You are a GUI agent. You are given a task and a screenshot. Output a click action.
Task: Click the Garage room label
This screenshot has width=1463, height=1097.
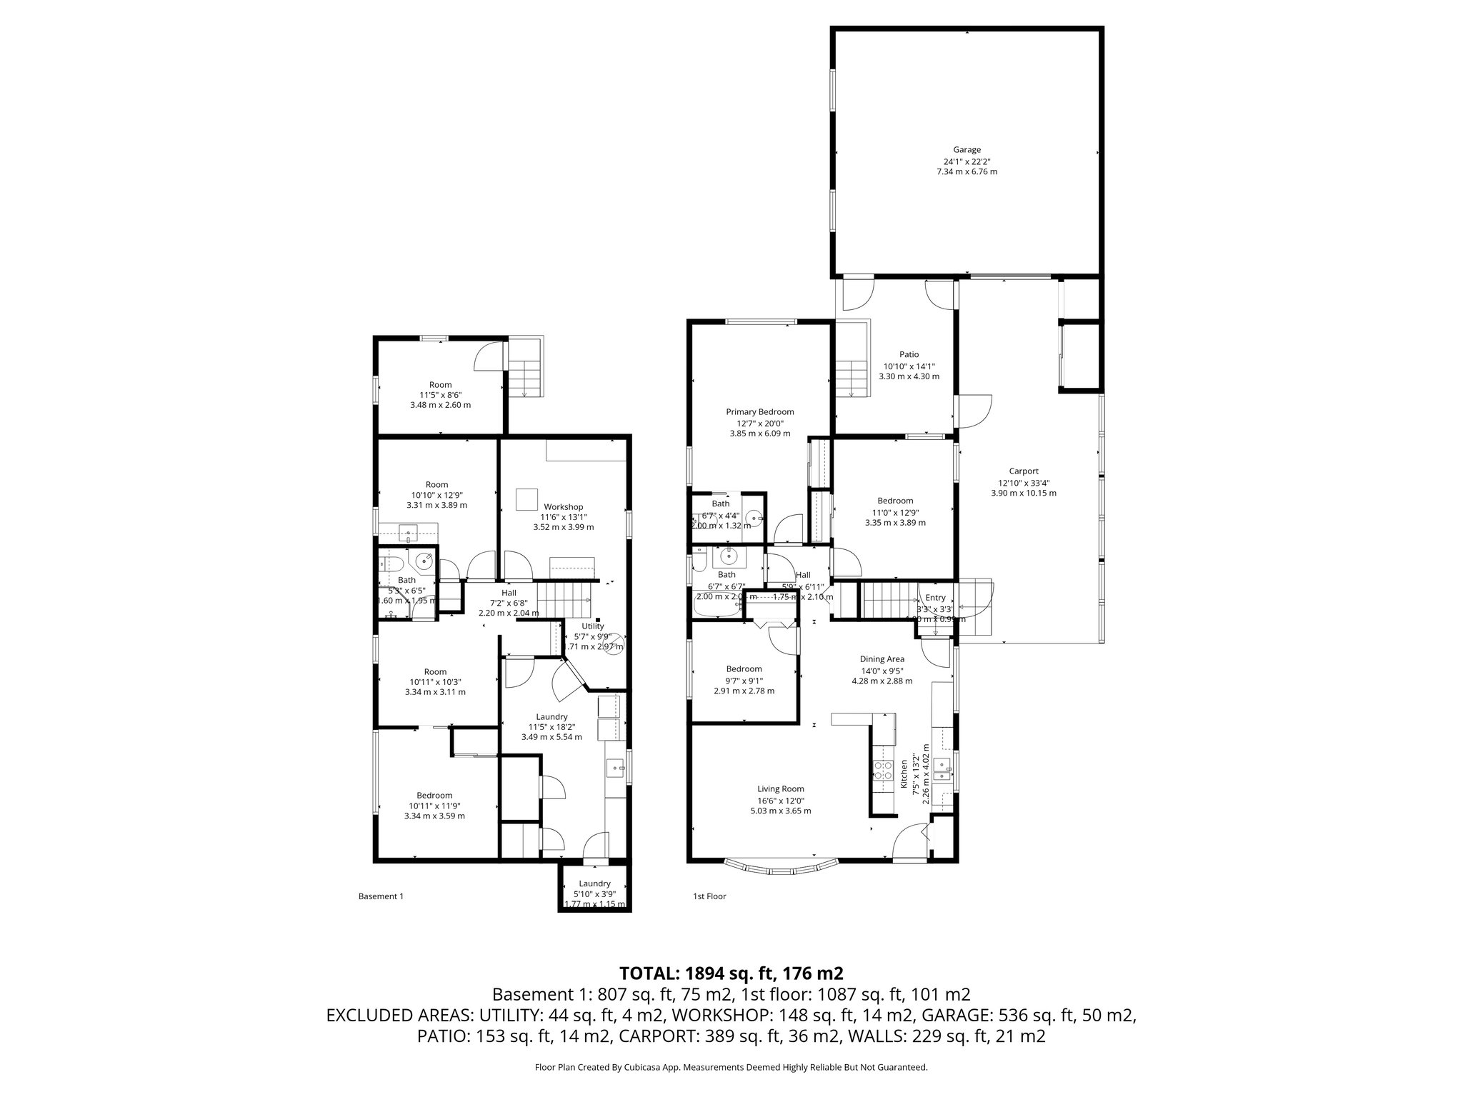coord(967,150)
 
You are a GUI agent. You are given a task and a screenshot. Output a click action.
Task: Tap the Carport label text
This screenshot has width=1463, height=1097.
coord(1023,471)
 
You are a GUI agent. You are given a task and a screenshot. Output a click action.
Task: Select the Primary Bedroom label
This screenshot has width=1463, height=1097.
coord(759,412)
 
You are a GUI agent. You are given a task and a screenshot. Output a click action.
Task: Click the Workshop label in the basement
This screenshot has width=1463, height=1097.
coord(563,507)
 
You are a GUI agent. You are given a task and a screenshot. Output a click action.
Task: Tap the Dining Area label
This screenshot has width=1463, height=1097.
coord(882,659)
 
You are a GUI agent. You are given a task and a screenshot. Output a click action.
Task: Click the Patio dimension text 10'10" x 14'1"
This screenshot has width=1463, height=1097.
coord(909,366)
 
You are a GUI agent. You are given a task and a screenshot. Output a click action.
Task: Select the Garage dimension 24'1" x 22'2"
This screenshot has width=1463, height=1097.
coord(967,161)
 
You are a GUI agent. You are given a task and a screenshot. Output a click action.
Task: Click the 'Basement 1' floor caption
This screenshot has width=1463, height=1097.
coord(381,896)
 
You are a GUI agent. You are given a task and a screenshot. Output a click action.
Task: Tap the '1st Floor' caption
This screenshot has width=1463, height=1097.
coord(709,896)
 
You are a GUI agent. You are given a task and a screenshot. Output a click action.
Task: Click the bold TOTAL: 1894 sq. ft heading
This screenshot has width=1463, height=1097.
coord(731,973)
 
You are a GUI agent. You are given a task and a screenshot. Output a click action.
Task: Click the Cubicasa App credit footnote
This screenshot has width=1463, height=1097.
coord(731,1068)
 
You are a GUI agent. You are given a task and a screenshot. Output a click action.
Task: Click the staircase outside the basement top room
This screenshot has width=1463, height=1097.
coord(526,379)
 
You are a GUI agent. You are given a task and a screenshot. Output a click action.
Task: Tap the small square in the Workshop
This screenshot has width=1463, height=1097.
coord(527,499)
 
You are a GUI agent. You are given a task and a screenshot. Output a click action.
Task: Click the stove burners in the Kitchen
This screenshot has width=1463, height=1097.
coord(884,769)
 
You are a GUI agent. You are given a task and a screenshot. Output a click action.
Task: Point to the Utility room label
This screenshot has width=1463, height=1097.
coord(592,626)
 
